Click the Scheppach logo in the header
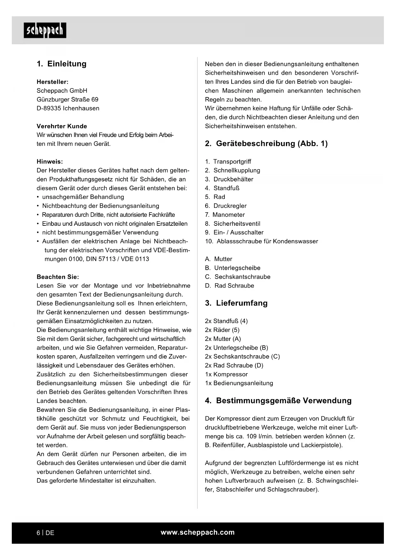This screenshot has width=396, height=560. point(45,30)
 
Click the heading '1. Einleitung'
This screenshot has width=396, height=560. point(62,64)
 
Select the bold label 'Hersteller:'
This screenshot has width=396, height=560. point(52,82)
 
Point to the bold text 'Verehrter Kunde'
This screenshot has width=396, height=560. point(62,126)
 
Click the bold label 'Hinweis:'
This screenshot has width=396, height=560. point(50,162)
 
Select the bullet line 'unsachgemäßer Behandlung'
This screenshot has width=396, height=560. point(83,197)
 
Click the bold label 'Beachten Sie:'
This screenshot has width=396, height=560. point(58,277)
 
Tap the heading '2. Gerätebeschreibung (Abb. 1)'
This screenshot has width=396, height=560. point(266,144)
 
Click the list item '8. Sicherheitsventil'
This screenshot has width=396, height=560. point(233,224)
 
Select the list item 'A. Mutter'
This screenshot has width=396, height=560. point(219,259)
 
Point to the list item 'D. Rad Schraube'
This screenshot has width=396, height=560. point(229,286)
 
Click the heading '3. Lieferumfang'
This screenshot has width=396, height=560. point(236,303)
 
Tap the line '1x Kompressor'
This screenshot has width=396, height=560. point(226,374)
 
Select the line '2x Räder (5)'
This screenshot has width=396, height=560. point(222,330)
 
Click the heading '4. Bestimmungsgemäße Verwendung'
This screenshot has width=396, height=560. point(278,401)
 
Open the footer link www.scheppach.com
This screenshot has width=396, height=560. point(198,532)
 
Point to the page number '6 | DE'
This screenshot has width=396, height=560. point(45,533)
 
